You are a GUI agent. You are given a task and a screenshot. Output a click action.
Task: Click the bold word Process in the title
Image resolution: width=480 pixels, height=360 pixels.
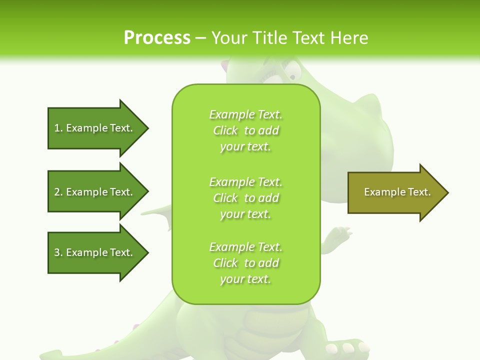(x=157, y=37)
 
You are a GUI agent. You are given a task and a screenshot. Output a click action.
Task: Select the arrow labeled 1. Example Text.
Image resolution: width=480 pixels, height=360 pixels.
(x=95, y=128)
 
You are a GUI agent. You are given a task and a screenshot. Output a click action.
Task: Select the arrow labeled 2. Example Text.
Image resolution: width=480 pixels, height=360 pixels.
(x=95, y=192)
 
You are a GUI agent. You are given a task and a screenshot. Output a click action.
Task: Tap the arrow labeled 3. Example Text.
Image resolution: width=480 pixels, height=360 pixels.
(x=95, y=252)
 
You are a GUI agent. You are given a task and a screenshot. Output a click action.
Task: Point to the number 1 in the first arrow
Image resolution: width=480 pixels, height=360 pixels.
(x=56, y=128)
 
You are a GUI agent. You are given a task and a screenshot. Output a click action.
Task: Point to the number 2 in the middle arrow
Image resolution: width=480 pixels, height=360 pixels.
(x=56, y=192)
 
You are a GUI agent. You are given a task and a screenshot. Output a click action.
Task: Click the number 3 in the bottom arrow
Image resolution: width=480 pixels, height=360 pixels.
(x=56, y=252)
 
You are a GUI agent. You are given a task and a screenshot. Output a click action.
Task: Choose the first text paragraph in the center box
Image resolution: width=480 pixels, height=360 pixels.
(x=245, y=130)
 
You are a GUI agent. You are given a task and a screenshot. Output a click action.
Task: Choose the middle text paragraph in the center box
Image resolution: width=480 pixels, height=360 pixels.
(x=245, y=198)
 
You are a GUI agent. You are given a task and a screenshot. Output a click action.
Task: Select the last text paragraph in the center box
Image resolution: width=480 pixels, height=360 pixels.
(x=245, y=263)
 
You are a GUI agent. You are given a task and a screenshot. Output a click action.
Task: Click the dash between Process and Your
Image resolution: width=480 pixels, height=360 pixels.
(x=200, y=38)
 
